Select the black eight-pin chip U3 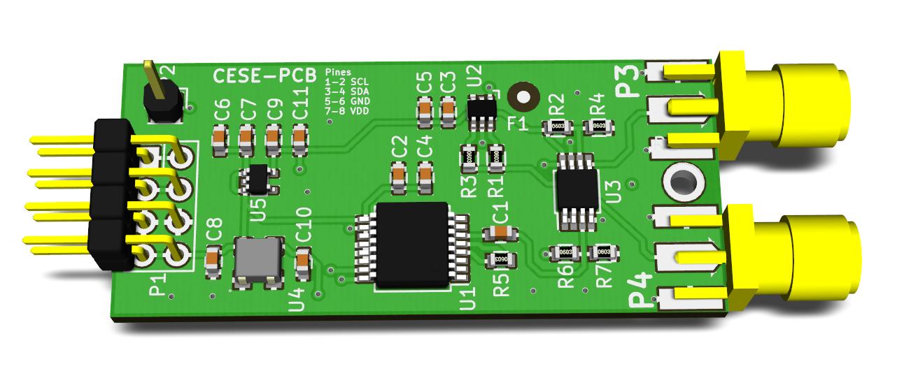point(577,189)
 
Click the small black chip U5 point(257,180)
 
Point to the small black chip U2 point(481,110)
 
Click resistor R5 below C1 point(501,259)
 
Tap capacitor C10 point(303,262)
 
